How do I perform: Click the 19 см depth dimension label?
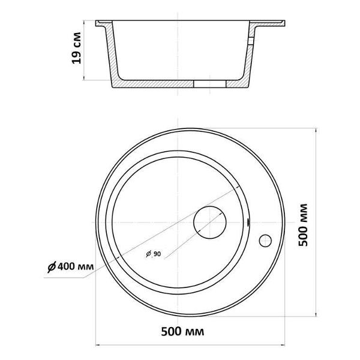click(77, 48)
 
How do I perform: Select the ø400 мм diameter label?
click(70, 267)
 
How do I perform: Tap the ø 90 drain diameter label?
click(154, 254)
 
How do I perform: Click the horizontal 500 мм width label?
click(182, 332)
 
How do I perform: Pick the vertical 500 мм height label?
click(303, 225)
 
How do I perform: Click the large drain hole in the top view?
click(210, 222)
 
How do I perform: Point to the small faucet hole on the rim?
click(265, 241)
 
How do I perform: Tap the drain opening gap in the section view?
click(210, 84)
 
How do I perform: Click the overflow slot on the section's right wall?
click(251, 41)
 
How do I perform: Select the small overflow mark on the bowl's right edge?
click(248, 222)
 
